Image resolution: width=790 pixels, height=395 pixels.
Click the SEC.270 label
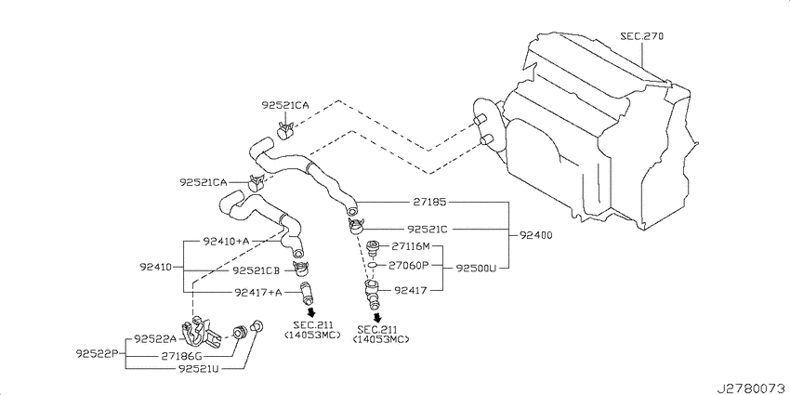pos(641,36)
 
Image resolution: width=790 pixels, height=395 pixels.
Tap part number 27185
pos(428,202)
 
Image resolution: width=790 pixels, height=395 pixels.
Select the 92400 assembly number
pos(534,235)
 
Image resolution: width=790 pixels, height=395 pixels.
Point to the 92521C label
pos(428,230)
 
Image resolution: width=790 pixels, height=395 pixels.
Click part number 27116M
pos(411,246)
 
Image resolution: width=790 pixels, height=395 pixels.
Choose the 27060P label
pos(408,265)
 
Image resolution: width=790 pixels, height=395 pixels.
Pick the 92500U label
pos(476,268)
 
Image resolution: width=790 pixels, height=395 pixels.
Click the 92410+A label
pos(226,242)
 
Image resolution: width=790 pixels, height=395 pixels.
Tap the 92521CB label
pos(256,270)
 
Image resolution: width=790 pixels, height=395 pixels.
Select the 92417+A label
pos(258,292)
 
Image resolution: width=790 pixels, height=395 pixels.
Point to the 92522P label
pos(98,352)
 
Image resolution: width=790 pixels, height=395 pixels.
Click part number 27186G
pos(182,356)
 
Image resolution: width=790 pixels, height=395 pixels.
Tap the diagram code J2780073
pos(753,388)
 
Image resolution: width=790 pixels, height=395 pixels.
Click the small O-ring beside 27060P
pos(373,265)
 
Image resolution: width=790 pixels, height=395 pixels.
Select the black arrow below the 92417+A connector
pos(311,312)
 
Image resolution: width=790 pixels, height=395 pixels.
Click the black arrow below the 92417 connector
pos(377,318)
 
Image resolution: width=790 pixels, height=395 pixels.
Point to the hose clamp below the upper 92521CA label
pos(286,130)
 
